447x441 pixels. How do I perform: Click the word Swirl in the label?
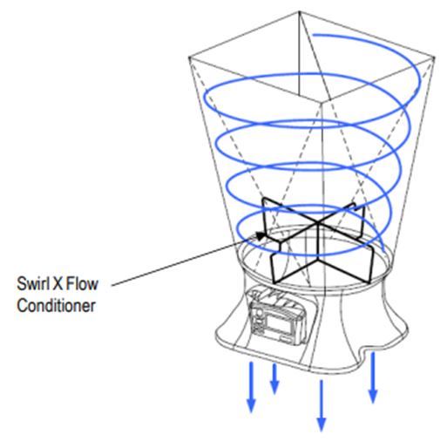pos(32,284)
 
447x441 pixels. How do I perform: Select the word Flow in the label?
pos(83,284)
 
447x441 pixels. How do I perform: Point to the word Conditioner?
pos(56,306)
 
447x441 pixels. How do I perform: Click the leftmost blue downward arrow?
pos(251,387)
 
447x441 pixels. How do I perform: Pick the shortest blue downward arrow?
pos(274,379)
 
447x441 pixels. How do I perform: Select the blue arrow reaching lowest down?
pos(322,406)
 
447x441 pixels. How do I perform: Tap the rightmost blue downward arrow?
pos(373,377)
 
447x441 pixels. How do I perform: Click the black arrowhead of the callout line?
pos(261,235)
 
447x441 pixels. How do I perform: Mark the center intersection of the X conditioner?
pos(319,224)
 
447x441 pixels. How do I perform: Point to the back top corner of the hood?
pos(300,11)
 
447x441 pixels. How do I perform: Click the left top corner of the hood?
pos(189,58)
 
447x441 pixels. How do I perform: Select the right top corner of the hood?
pos(435,58)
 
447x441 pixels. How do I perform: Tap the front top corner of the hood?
pos(322,102)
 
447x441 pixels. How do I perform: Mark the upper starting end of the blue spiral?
pos(313,36)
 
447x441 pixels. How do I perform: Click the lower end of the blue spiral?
pos(384,252)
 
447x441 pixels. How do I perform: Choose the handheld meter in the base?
pos(277,317)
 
